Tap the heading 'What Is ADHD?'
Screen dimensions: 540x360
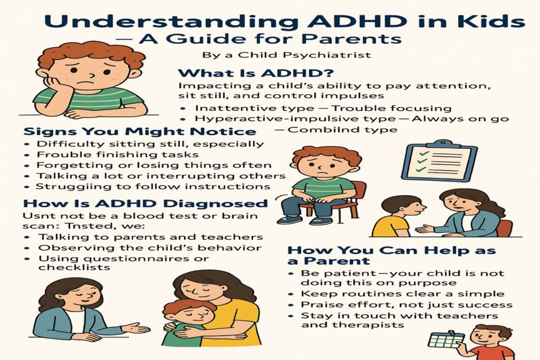(x=256, y=73)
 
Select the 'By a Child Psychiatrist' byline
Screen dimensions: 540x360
(x=286, y=55)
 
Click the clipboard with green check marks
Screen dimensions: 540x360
(x=442, y=160)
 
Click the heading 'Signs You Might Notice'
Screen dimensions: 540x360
(x=140, y=131)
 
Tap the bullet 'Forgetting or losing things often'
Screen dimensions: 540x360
(x=154, y=165)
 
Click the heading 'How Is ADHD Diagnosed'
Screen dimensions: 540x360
(x=146, y=203)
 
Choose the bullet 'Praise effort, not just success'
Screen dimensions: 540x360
(x=407, y=305)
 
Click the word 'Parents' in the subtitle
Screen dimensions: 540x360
(x=352, y=38)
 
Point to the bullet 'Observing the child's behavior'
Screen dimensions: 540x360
(x=150, y=248)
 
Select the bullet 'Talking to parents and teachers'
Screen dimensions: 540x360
(x=150, y=237)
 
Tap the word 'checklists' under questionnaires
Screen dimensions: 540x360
(x=74, y=267)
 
